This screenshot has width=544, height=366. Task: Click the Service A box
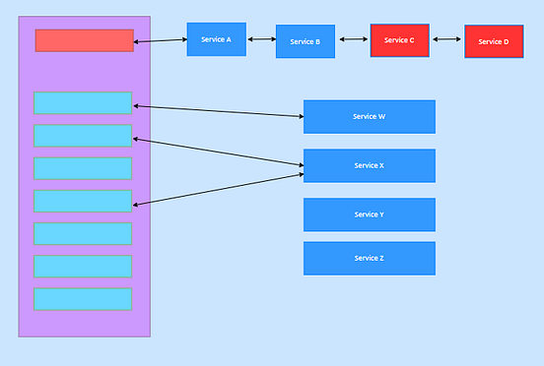(x=216, y=39)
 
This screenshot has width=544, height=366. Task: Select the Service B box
(x=306, y=41)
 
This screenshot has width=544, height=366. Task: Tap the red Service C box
(x=399, y=40)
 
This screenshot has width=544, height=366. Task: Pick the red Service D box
(x=494, y=41)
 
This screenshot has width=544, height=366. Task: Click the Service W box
(x=369, y=116)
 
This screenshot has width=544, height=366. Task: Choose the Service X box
(x=369, y=165)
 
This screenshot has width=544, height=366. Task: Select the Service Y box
(x=369, y=214)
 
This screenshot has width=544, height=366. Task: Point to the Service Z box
(x=369, y=258)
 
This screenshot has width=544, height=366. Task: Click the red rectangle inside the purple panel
(x=84, y=40)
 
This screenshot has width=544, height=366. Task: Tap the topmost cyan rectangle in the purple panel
(x=83, y=103)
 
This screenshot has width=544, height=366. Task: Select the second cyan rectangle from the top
(x=83, y=136)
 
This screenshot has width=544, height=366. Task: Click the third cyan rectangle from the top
(x=83, y=168)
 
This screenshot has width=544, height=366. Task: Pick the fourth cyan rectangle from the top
(x=83, y=201)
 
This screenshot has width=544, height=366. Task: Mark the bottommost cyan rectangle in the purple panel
(x=83, y=299)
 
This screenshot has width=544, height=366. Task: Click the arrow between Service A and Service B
(x=261, y=39)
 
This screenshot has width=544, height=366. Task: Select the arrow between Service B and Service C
(x=354, y=40)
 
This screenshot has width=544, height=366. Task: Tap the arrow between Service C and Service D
(x=446, y=40)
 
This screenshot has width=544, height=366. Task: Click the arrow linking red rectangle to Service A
(x=160, y=40)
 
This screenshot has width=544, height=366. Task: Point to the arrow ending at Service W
(x=218, y=110)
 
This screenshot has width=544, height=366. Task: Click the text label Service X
(x=369, y=165)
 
